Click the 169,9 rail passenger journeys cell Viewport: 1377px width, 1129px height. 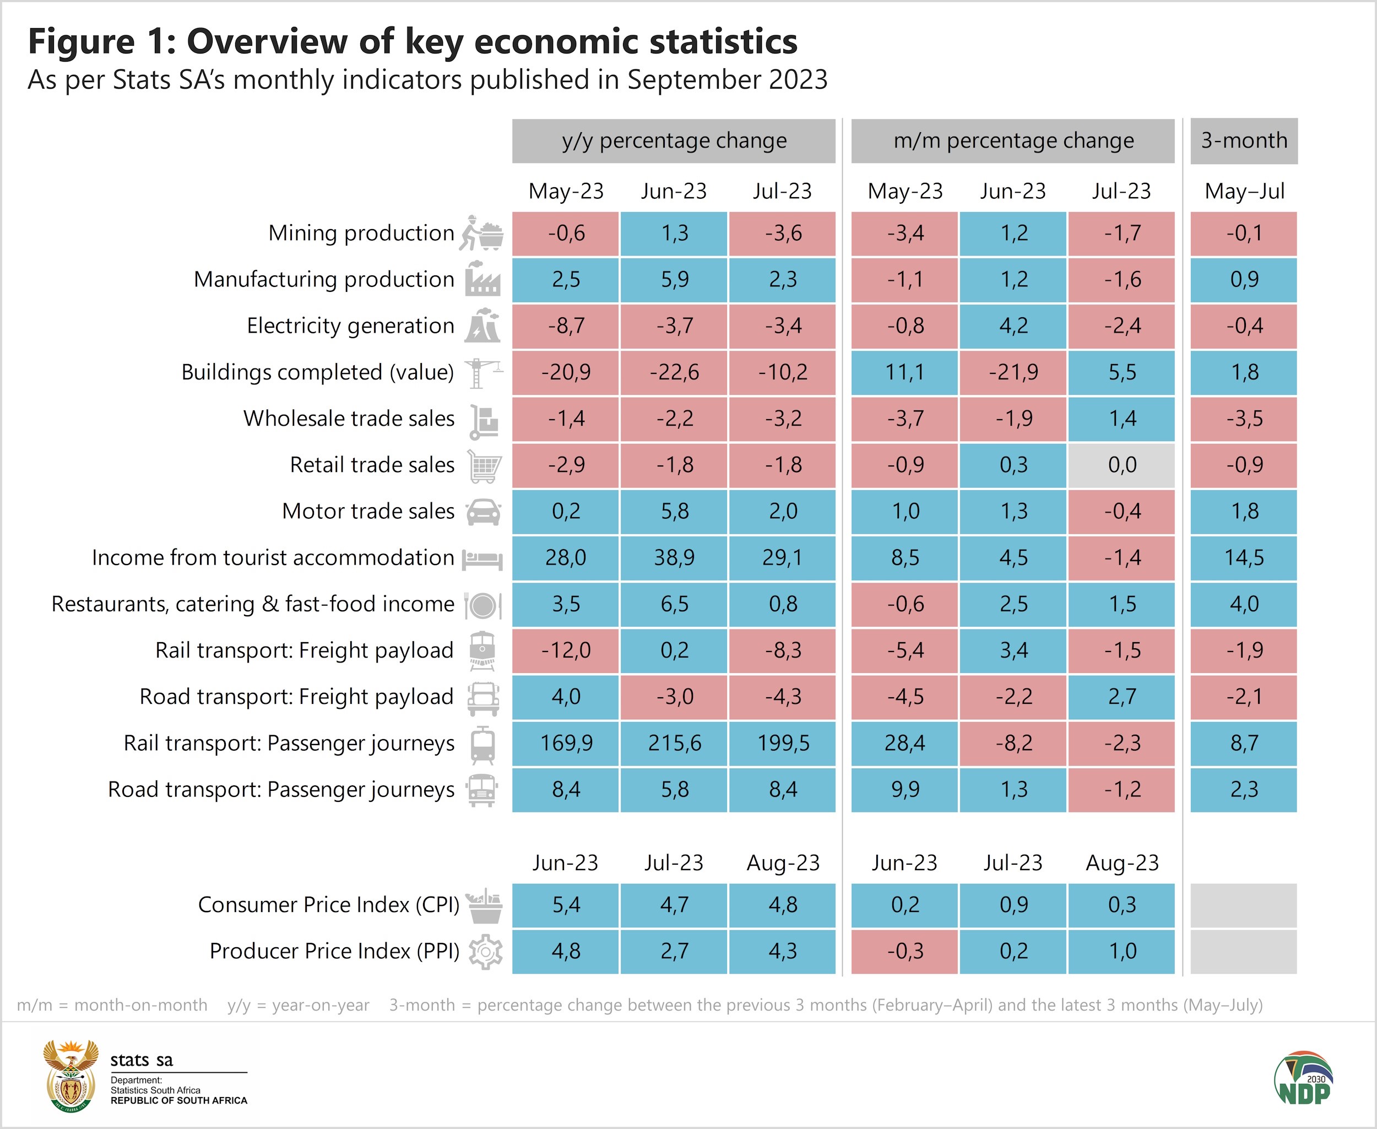tap(565, 743)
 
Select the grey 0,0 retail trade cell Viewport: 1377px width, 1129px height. tap(1121, 465)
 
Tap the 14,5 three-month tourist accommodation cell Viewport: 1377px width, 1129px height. tap(1244, 557)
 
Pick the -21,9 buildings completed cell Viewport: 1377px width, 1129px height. tap(1013, 372)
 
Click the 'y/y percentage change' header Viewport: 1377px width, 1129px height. tap(674, 140)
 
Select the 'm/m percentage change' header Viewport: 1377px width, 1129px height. tap(1013, 140)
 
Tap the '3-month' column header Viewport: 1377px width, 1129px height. tap(1244, 140)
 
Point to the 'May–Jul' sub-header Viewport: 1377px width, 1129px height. tap(1244, 191)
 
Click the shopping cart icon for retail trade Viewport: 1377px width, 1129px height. tap(485, 466)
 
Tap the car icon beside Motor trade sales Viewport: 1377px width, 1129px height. tap(483, 512)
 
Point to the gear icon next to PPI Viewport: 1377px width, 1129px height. tap(485, 952)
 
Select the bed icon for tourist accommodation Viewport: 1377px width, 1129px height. tap(482, 558)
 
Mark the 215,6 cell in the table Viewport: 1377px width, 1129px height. tap(674, 743)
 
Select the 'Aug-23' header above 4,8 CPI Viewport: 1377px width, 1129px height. tap(783, 863)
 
